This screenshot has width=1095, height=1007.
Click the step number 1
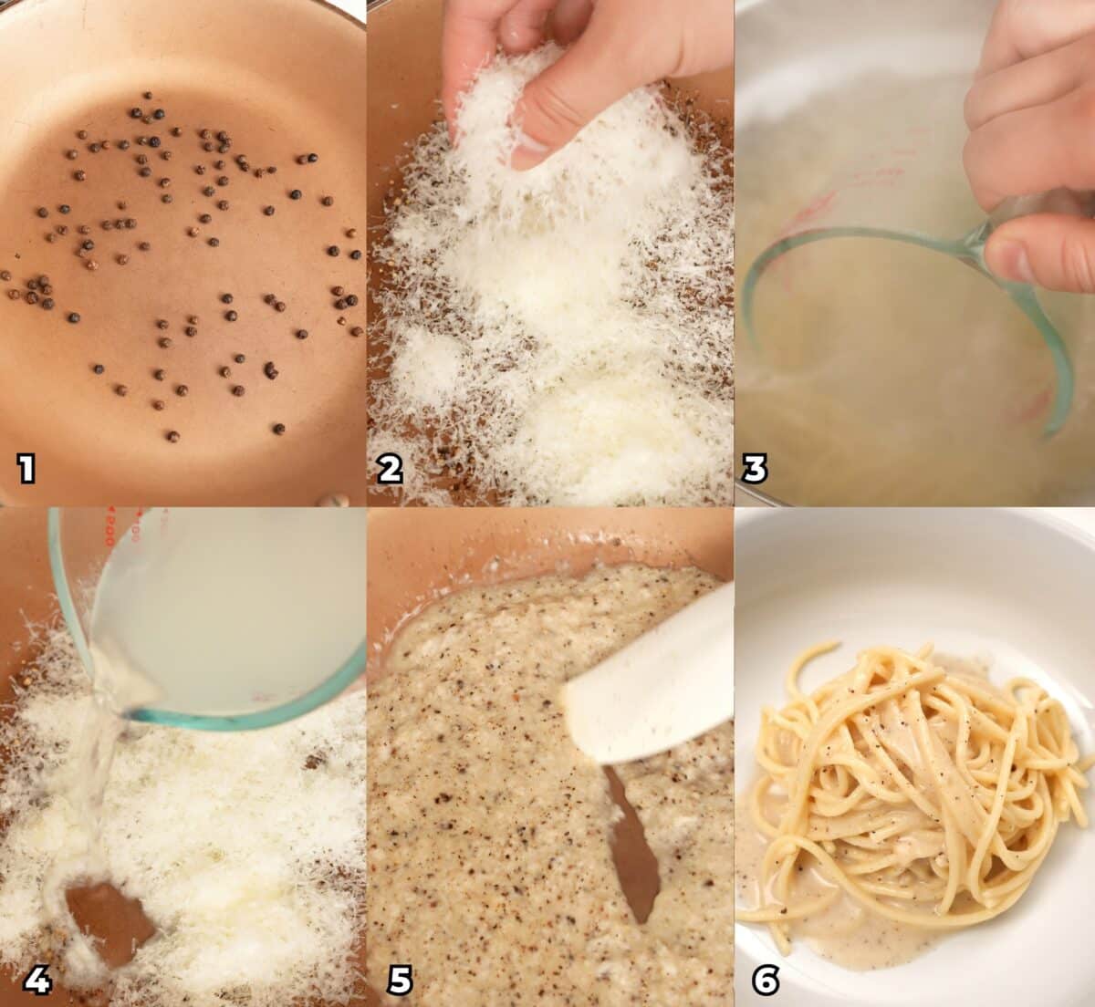click(26, 469)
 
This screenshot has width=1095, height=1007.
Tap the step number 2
click(391, 469)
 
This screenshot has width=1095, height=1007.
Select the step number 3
click(755, 469)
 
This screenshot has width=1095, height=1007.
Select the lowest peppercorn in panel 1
click(172, 436)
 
